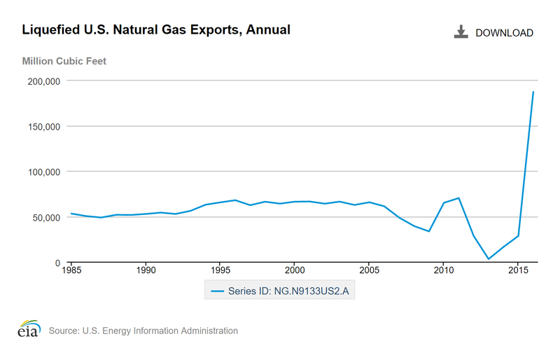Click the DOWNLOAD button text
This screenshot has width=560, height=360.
[x=504, y=33]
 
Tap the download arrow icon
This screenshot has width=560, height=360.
[x=461, y=32]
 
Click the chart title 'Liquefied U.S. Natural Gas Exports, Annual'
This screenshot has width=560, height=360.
[x=156, y=30]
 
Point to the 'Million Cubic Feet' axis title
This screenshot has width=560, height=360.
[x=64, y=61]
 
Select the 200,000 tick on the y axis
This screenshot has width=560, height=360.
[x=44, y=81]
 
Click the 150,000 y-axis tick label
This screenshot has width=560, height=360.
[x=44, y=127]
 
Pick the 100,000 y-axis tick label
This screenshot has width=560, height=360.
[x=44, y=172]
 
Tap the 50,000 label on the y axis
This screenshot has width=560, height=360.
[x=47, y=217]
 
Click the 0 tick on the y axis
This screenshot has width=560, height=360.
[x=57, y=263]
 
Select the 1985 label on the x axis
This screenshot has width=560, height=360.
[x=71, y=270]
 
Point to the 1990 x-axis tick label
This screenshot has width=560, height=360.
[x=146, y=270]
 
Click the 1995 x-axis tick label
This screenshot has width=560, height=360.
[x=220, y=270]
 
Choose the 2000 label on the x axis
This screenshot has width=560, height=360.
[x=295, y=270]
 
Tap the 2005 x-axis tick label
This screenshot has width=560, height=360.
[x=369, y=270]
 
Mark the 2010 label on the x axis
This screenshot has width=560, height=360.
[x=443, y=270]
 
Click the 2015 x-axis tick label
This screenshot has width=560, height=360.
[x=517, y=270]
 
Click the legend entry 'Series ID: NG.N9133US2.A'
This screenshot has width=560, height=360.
[x=279, y=291]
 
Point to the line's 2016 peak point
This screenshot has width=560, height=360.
[x=533, y=92]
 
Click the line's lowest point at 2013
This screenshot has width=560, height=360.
[x=488, y=259]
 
